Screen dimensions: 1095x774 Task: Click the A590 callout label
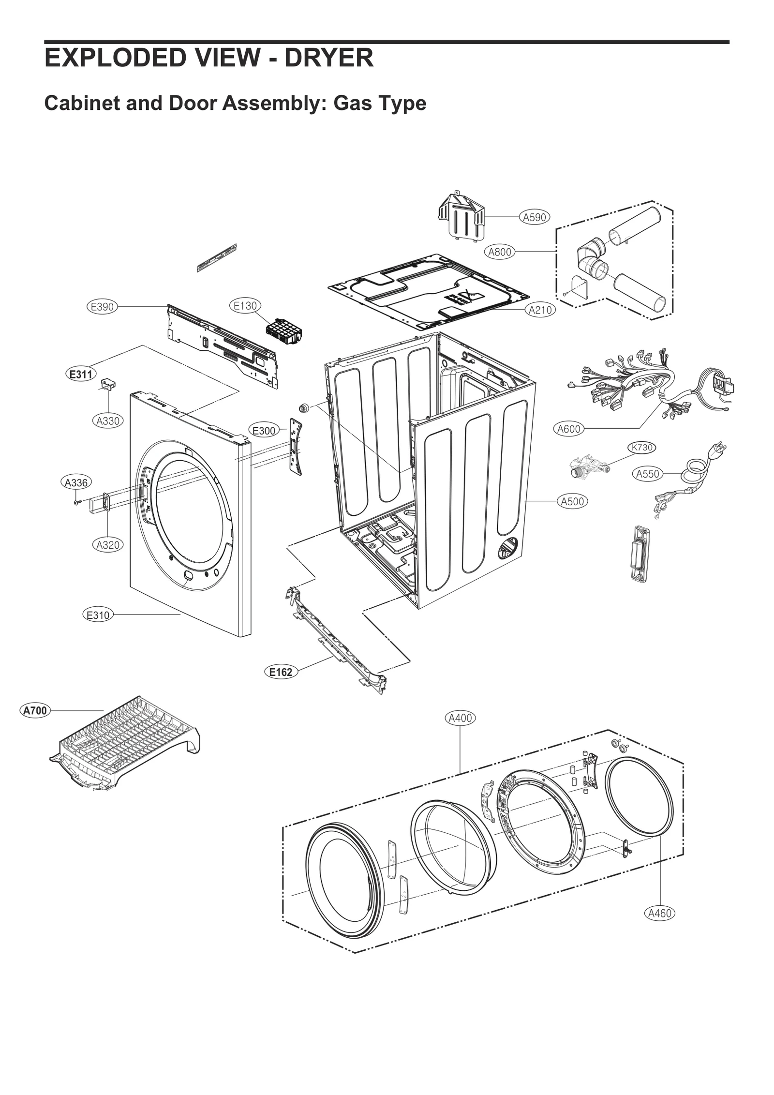pos(534,217)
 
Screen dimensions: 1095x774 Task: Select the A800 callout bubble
pos(499,252)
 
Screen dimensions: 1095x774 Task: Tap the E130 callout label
pos(245,306)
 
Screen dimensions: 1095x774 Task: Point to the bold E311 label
pos(81,374)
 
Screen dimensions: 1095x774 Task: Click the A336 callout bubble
pos(76,482)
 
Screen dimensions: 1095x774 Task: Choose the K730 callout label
pos(642,448)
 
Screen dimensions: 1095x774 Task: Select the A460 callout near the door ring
pos(660,913)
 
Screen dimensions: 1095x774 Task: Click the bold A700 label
pos(35,710)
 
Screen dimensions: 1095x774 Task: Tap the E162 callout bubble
pos(281,672)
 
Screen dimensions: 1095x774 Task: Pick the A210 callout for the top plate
pos(540,310)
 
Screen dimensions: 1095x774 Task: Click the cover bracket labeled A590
pos(460,216)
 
